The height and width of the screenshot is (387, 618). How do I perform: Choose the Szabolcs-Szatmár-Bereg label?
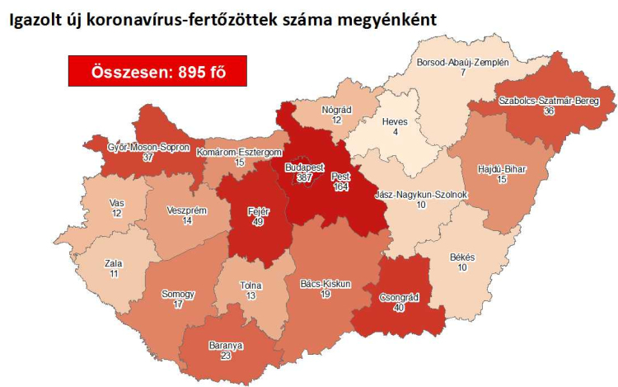point(545,101)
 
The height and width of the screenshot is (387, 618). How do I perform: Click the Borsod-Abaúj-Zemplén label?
point(463,63)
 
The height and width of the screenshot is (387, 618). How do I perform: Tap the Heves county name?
point(395,121)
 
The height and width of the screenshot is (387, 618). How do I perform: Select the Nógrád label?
point(336,110)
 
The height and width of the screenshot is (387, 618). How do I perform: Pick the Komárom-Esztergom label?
point(240,153)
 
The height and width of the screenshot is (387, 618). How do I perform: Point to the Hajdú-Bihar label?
point(502,170)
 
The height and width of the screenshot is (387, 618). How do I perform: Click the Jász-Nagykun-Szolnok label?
point(421,195)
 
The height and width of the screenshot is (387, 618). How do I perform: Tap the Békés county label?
point(462,257)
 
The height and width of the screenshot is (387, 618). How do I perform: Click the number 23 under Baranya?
point(225,356)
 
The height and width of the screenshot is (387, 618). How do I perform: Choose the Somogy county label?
point(179,294)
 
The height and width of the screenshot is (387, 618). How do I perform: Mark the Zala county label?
point(114,263)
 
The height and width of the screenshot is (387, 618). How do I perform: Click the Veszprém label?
point(186,210)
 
